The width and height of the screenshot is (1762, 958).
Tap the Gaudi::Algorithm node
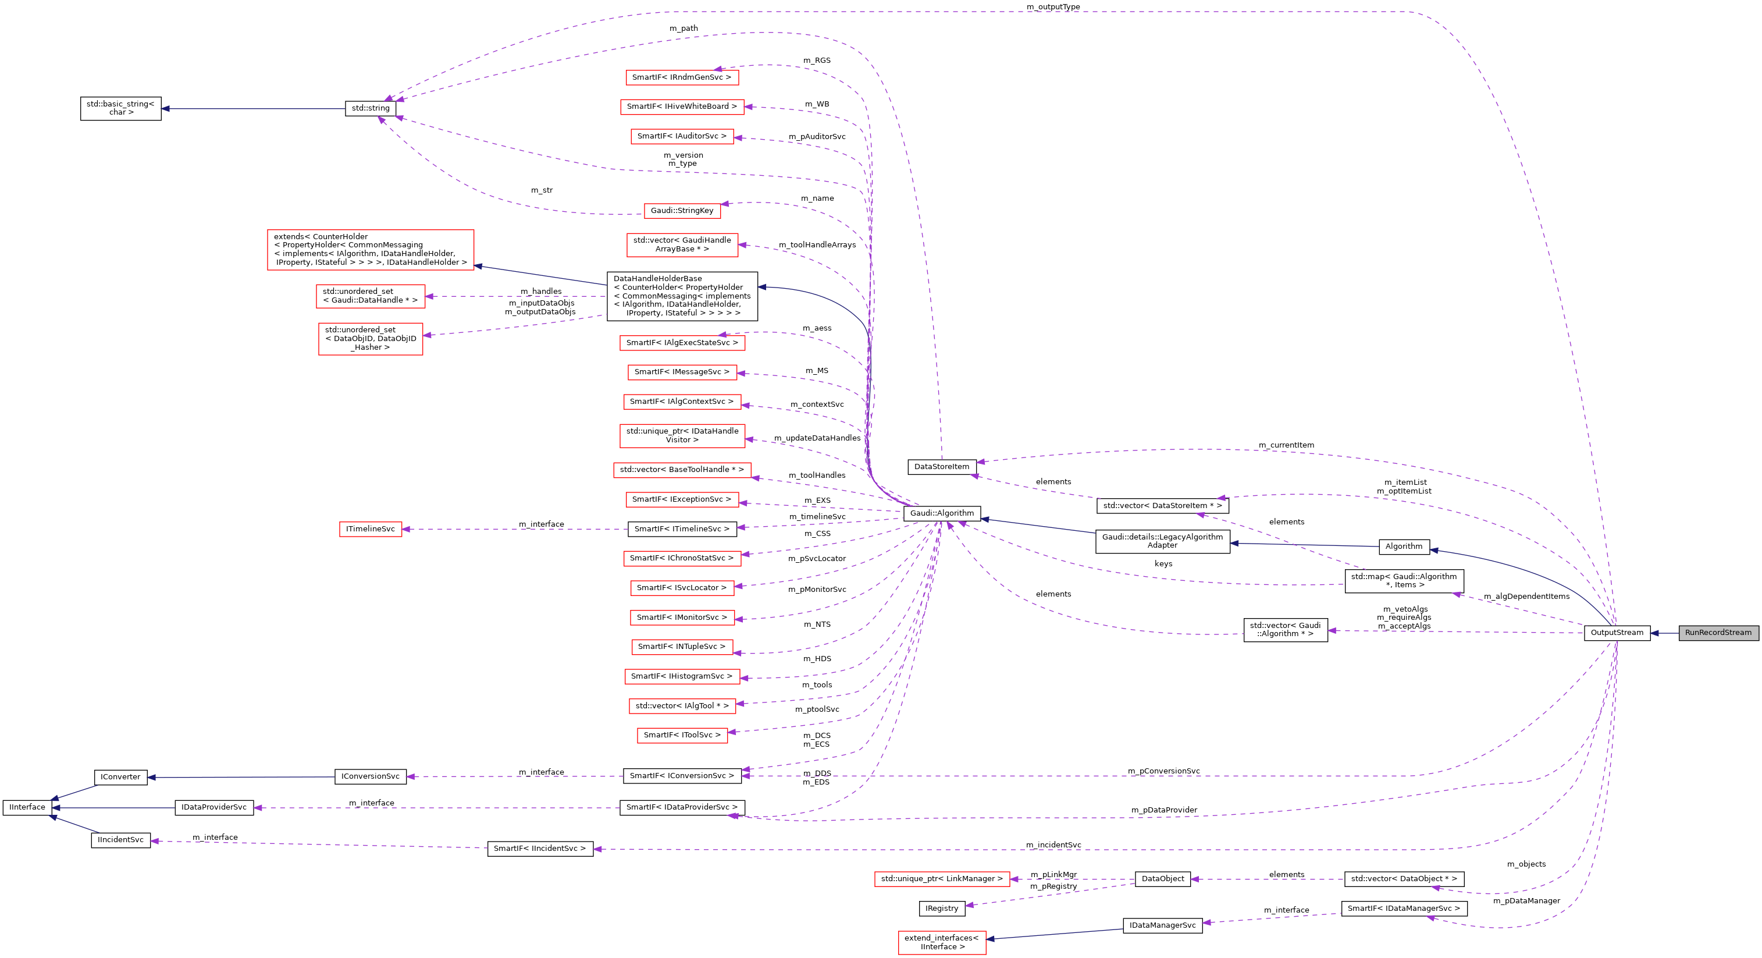tap(942, 513)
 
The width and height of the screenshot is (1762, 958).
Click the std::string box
tap(370, 108)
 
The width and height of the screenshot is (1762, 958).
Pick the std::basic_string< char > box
tap(120, 108)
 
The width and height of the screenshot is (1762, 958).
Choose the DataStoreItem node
tap(941, 467)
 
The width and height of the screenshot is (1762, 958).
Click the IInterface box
tap(27, 807)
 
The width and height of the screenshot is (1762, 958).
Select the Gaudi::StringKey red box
tap(681, 211)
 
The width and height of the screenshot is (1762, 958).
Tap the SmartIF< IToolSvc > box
tap(681, 735)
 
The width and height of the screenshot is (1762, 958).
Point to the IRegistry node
tap(941, 909)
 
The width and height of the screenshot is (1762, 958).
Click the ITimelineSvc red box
tap(370, 529)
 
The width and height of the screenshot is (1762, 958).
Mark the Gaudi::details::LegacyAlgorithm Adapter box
tap(1162, 541)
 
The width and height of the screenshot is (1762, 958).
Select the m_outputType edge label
tap(1053, 7)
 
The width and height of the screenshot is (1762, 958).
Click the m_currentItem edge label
tap(1286, 445)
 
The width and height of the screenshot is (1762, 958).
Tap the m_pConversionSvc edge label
tap(1163, 771)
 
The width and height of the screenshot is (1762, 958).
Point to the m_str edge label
tap(541, 190)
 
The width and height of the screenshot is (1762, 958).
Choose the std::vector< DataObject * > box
tap(1404, 879)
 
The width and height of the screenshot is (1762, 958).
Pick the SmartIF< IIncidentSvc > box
tap(540, 849)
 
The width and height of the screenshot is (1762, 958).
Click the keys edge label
tap(1163, 564)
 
